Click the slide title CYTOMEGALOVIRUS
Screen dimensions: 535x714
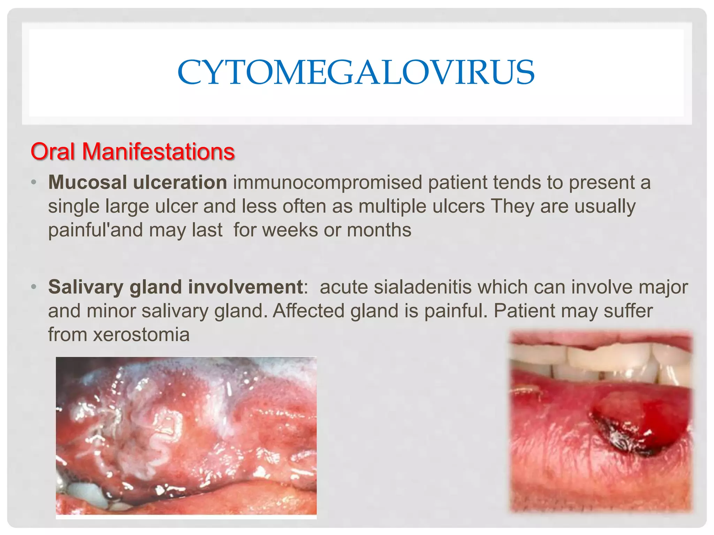coord(356,72)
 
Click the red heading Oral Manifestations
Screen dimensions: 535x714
coord(132,152)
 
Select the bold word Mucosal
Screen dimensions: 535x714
coord(87,182)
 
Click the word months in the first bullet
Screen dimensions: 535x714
coord(379,230)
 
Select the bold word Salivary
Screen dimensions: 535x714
coord(86,287)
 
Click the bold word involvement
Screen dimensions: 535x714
coord(245,287)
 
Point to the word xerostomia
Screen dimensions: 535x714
coord(141,335)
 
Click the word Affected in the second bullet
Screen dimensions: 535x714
coord(309,311)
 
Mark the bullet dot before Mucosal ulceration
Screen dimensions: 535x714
coord(33,183)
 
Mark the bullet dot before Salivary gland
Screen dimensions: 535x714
coord(33,287)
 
